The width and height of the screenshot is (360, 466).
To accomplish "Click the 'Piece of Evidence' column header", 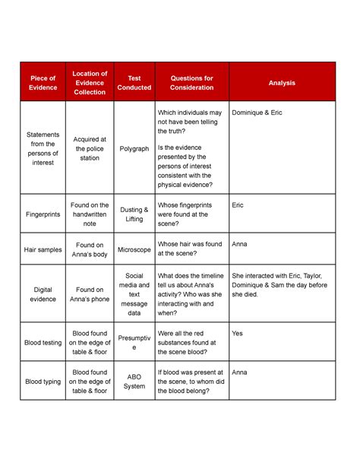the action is point(43,83).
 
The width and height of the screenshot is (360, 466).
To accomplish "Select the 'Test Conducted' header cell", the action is point(134,83).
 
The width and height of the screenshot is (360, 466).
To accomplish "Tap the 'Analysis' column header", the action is point(282,83).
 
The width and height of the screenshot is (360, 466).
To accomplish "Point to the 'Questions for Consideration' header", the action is point(192,83).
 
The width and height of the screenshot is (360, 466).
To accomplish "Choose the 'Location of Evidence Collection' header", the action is point(90,83).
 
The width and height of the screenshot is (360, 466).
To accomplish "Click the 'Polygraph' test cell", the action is point(134,149).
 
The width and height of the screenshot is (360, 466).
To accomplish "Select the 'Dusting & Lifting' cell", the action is point(134,214).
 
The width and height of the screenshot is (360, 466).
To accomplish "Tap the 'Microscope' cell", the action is point(134,249).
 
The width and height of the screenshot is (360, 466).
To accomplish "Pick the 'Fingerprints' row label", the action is point(43,214).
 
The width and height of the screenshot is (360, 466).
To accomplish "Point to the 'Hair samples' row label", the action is point(43,249).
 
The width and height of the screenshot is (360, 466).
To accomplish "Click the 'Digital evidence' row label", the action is point(43,294).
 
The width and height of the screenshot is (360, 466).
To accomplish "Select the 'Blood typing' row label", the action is point(43,382).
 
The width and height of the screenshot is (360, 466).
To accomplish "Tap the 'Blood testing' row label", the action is point(43,343).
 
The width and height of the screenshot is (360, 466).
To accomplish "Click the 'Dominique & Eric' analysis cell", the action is point(257,113).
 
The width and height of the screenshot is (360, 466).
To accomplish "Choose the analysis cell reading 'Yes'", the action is point(238,333).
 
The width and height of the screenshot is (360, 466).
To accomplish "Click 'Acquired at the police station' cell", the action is point(90,149).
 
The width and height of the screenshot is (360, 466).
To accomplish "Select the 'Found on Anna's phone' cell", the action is point(90,294).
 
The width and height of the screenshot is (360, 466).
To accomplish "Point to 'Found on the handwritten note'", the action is point(90,214).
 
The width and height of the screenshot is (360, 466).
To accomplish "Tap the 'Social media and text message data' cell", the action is point(134,294).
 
